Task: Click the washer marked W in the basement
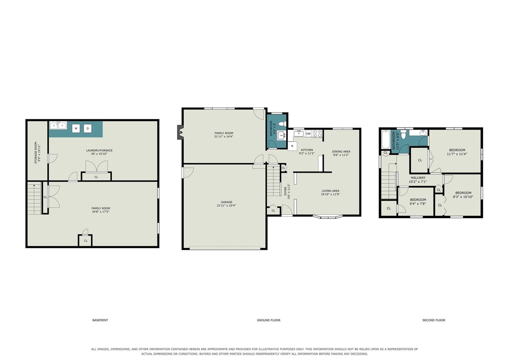(76, 128)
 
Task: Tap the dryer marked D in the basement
(87, 128)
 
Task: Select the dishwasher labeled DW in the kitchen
(308, 134)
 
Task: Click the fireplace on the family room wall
(181, 132)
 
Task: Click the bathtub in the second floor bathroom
(386, 139)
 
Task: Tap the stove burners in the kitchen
(317, 134)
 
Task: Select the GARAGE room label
(227, 202)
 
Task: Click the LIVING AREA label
(330, 191)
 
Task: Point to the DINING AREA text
(341, 152)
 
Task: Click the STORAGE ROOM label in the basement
(36, 153)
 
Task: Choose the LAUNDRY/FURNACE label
(99, 150)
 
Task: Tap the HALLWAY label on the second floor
(418, 178)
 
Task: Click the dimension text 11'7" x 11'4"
(457, 154)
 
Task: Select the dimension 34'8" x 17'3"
(101, 212)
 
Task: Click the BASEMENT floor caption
(100, 320)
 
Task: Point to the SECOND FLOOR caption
(434, 320)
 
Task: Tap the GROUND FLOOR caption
(268, 320)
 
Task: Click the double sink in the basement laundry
(58, 125)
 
